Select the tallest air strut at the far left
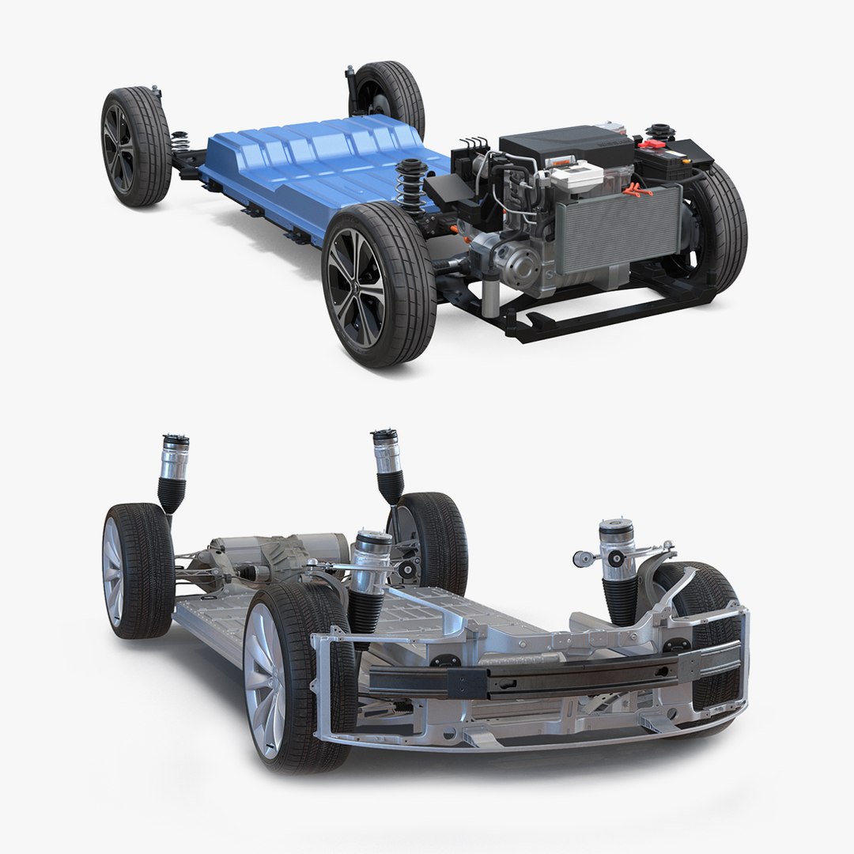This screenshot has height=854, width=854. tap(172, 470)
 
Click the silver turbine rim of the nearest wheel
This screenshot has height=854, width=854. tap(265, 680)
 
